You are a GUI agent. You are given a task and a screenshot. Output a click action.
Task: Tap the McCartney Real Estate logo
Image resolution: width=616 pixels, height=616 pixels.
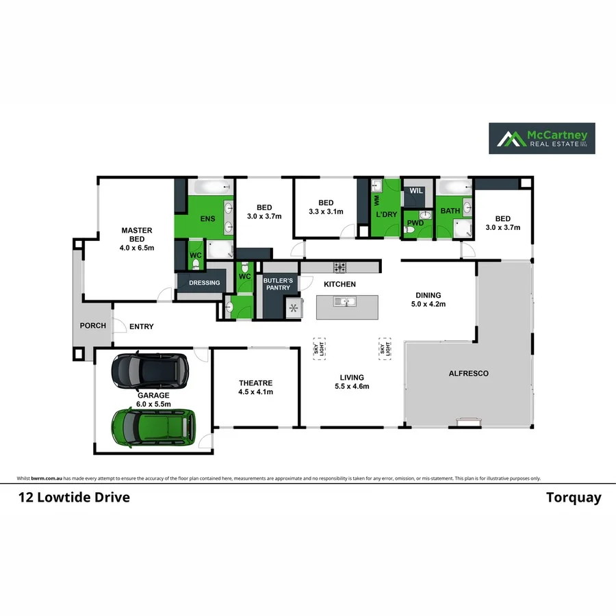541,138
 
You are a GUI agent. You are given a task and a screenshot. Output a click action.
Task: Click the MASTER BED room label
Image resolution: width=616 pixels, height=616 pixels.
137,239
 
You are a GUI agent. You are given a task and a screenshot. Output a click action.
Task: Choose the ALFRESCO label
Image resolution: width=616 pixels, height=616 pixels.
468,374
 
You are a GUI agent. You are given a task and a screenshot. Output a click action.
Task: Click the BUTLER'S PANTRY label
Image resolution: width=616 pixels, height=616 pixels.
278,284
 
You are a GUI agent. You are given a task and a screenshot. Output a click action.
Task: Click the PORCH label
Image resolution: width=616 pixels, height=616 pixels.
92,326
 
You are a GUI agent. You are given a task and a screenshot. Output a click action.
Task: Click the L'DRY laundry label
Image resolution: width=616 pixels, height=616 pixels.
387,214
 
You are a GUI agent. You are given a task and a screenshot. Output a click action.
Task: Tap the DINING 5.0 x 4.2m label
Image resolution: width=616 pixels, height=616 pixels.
428,299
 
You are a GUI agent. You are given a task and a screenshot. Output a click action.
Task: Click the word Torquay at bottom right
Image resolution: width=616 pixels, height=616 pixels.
574,498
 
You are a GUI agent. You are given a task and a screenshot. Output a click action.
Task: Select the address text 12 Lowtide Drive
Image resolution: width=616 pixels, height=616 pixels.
74,498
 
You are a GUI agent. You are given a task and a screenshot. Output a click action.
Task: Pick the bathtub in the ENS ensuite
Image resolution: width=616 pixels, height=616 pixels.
207,188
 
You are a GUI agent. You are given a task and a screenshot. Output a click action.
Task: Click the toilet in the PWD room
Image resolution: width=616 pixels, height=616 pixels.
409,231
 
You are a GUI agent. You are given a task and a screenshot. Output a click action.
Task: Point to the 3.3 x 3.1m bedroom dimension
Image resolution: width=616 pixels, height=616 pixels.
326,212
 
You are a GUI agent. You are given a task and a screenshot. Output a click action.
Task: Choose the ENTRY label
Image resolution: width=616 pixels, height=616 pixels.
142,326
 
